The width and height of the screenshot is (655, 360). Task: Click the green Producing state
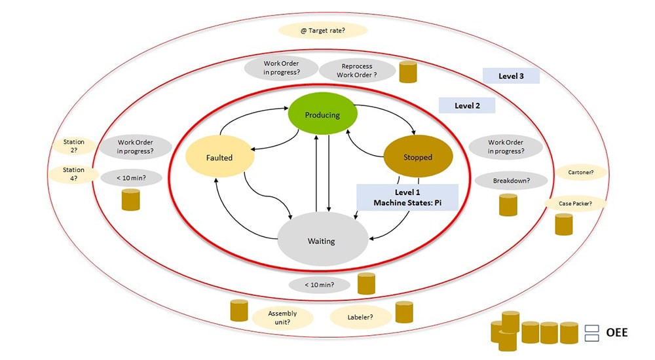323,115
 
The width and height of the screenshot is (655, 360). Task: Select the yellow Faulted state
219,158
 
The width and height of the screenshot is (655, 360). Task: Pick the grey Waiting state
321,241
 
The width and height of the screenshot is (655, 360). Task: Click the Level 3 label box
511,76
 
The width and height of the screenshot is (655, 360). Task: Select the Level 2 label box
466,105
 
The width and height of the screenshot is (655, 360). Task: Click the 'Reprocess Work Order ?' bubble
357,71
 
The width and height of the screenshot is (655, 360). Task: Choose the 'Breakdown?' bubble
511,181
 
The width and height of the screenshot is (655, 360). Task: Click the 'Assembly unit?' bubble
282,317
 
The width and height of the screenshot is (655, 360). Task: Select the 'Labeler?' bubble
360,317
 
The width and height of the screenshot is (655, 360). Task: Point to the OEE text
616,333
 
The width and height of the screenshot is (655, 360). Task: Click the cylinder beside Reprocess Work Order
408,72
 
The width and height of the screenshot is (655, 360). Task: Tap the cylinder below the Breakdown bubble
508,205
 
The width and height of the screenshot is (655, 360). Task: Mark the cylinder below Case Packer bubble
564,224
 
